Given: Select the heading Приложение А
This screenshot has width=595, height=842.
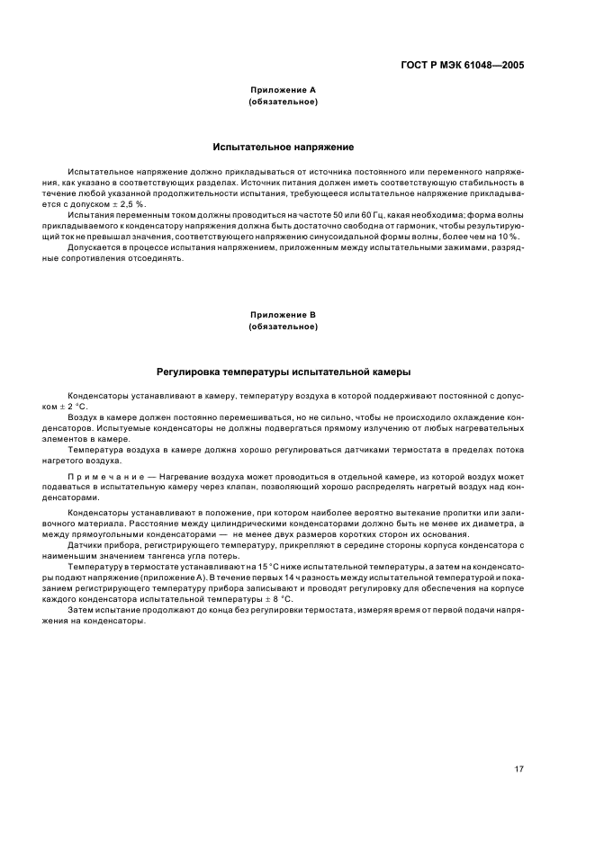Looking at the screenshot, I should click(x=283, y=90).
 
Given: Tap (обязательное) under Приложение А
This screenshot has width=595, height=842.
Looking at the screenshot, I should click(x=283, y=102).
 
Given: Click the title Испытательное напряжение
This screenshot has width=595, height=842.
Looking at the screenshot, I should click(x=283, y=147).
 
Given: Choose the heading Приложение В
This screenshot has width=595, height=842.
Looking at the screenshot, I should click(x=283, y=315).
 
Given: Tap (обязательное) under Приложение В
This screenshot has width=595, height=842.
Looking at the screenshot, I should click(x=283, y=327).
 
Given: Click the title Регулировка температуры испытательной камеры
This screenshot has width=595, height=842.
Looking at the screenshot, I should click(x=283, y=372).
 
